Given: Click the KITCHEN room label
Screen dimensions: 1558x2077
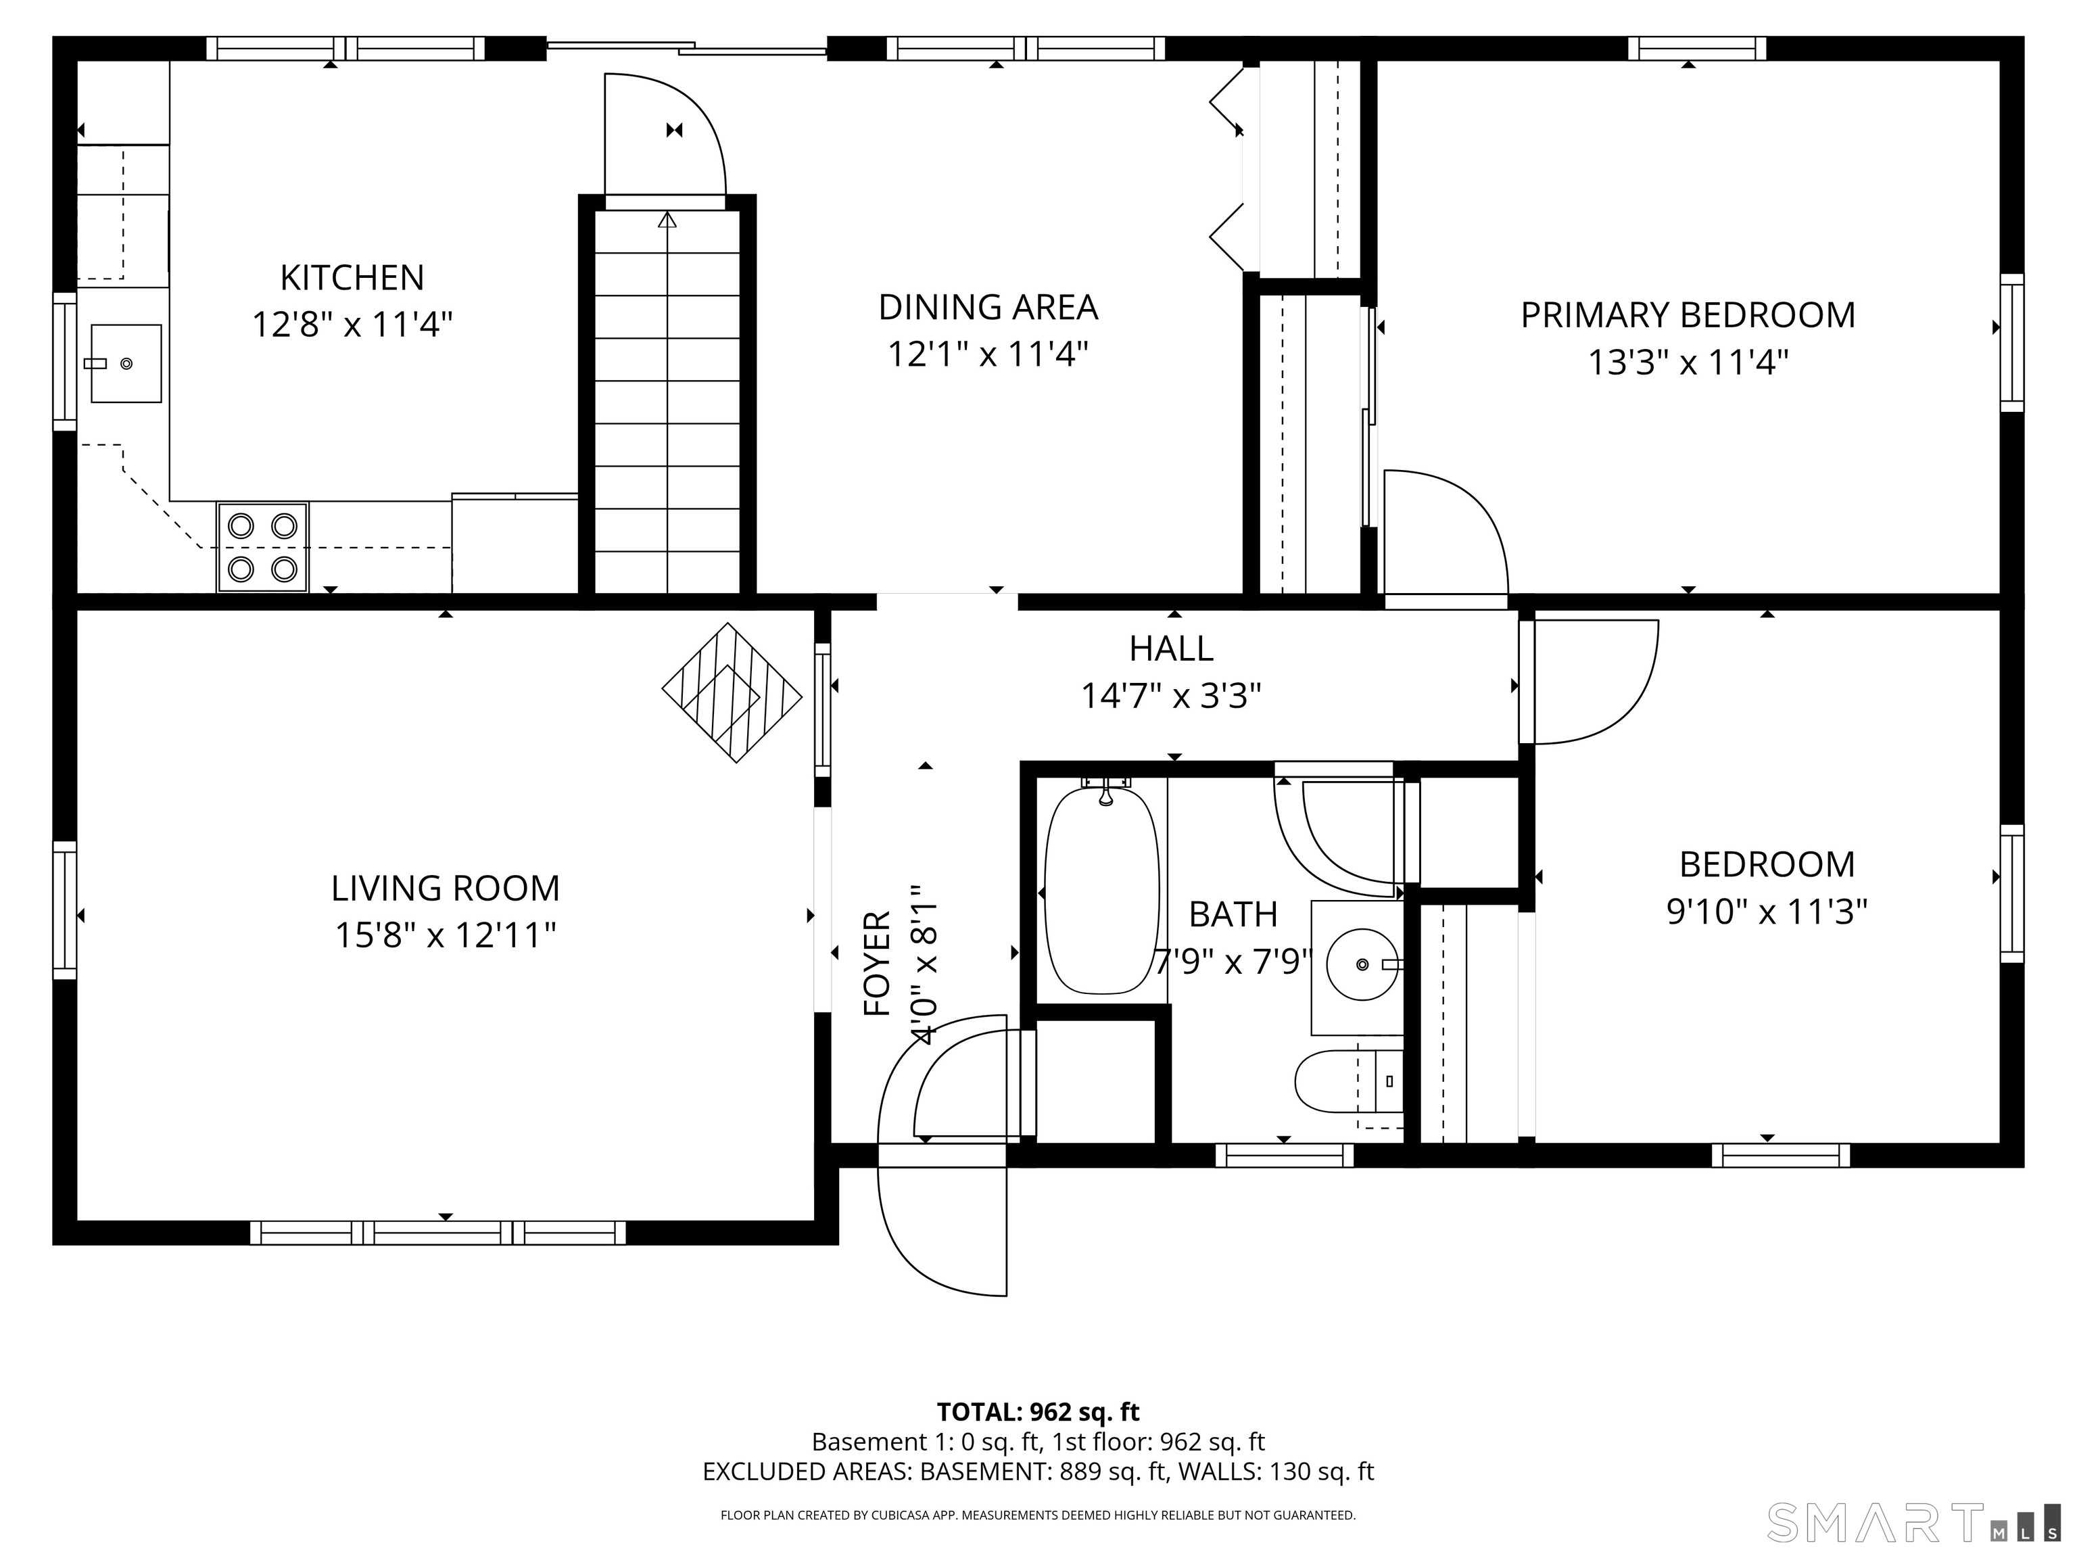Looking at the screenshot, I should pos(352,278).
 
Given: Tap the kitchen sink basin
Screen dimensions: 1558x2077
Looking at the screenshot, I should pos(126,363).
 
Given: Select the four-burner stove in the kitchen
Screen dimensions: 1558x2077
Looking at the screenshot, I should pos(263,548).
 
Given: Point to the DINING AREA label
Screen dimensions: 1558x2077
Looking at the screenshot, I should pos(988,307).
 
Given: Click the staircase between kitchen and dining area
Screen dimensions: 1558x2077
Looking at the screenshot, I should pos(667,404).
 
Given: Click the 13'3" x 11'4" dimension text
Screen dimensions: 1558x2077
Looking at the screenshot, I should pos(1688,362).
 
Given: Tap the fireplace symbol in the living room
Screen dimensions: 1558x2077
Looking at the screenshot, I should pos(732,693).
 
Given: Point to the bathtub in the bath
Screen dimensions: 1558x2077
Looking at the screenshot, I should pos(1101,891).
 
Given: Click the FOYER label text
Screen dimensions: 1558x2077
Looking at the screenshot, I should pos(877,964).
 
